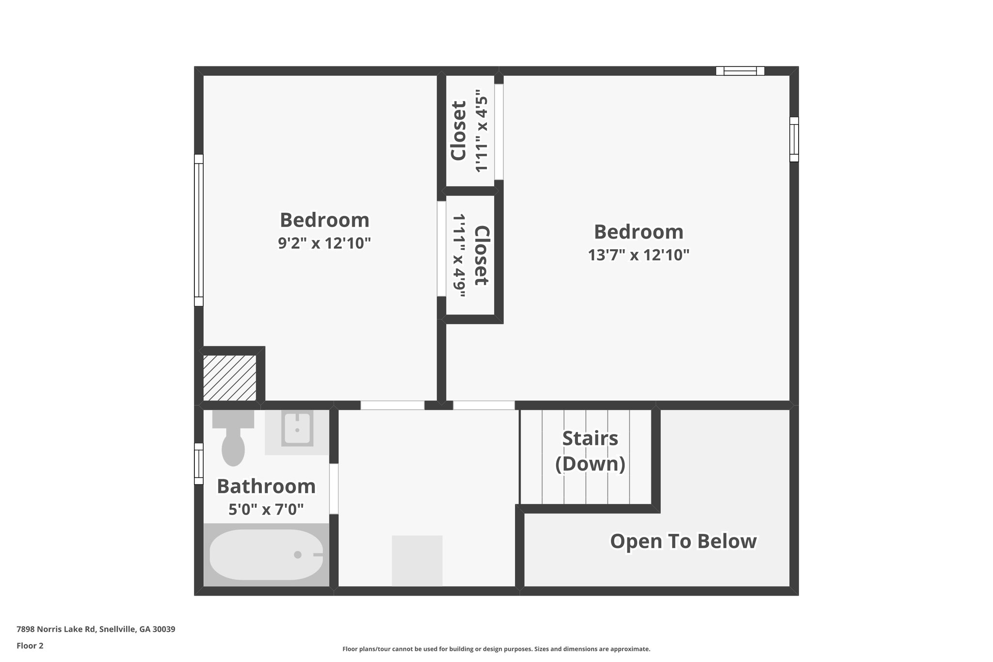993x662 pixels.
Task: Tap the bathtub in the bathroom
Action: tap(266, 554)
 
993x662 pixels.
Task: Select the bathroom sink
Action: tap(297, 430)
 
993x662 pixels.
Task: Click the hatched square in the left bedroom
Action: tap(229, 378)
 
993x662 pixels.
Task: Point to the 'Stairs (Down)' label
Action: tap(590, 451)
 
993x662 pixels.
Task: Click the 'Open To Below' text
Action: tap(683, 541)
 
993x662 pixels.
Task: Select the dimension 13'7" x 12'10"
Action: tap(639, 255)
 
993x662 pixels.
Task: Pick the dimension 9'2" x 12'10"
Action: tap(324, 243)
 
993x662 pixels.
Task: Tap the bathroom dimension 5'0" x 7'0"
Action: tap(266, 509)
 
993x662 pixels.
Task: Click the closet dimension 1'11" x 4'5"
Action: tap(481, 131)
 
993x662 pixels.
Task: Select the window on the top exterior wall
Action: tap(740, 71)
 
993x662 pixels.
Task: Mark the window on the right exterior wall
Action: tap(794, 139)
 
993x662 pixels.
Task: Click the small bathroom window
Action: tap(199, 464)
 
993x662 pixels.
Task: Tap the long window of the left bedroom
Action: tap(199, 230)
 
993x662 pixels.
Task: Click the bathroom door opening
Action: tap(334, 489)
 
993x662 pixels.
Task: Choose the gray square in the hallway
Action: tap(417, 560)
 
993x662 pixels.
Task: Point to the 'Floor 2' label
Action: tap(30, 646)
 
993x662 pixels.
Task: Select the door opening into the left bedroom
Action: tap(392, 405)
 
